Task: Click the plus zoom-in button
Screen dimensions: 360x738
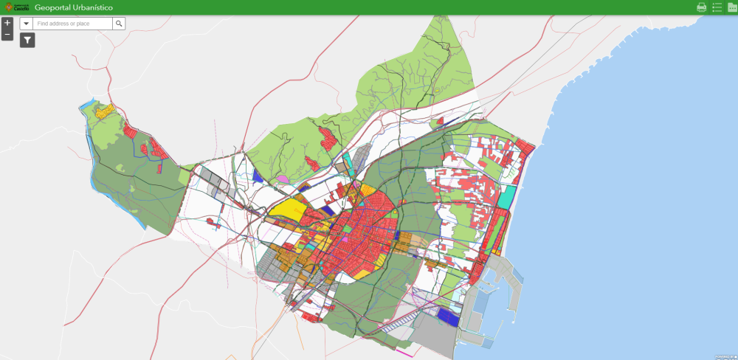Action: tap(7, 23)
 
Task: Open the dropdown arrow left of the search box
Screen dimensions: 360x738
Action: tap(27, 24)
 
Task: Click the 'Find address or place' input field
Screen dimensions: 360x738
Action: tap(73, 24)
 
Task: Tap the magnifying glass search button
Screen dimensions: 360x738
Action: tap(119, 24)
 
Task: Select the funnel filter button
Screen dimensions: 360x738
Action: tap(27, 41)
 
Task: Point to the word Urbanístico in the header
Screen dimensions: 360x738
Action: tap(89, 7)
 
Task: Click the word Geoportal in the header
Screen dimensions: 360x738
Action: tap(49, 7)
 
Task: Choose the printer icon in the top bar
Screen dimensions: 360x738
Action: tap(701, 7)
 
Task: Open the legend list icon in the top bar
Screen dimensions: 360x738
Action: tap(717, 7)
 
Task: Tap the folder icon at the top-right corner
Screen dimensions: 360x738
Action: tap(732, 7)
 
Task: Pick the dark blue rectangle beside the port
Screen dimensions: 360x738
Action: tap(447, 316)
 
